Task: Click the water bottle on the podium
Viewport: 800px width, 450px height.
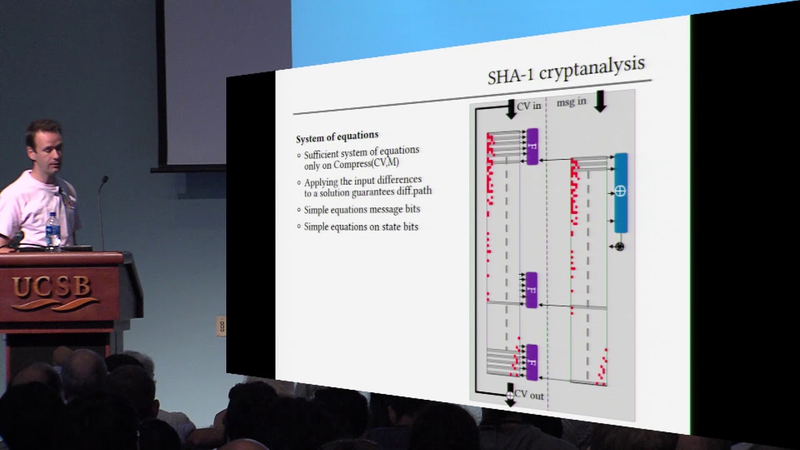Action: coord(53,231)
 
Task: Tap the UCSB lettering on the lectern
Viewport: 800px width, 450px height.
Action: coord(51,287)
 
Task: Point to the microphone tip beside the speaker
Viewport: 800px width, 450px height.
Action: coord(104,179)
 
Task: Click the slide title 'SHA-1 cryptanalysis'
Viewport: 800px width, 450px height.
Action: coord(566,71)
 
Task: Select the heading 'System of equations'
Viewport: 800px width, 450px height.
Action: coord(337,136)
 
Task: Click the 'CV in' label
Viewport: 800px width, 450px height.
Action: coord(529,106)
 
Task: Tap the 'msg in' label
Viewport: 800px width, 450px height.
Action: coord(571,102)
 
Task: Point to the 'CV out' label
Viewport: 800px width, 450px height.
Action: coord(529,395)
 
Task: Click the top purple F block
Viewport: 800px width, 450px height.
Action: coord(532,147)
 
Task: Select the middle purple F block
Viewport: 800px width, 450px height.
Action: coord(531,290)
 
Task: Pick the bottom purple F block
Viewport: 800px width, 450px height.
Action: coord(532,362)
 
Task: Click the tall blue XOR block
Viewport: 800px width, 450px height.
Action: coord(621,193)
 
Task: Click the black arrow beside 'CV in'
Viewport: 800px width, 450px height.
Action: coord(511,109)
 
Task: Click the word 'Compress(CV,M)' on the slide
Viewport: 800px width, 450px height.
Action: coord(366,164)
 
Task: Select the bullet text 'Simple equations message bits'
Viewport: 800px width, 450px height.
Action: coord(362,209)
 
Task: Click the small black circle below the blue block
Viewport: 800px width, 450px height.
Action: coord(619,246)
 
